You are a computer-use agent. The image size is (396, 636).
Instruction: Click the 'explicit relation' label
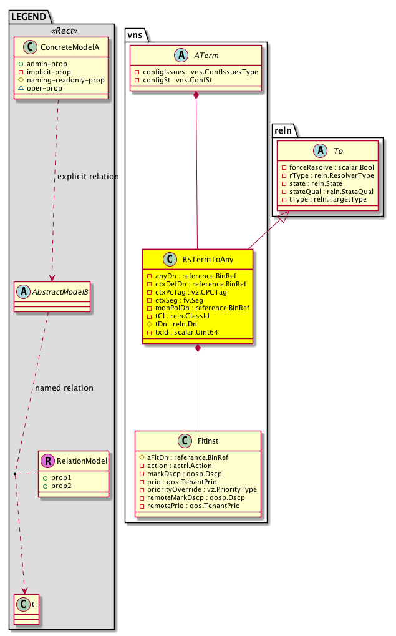tap(87, 177)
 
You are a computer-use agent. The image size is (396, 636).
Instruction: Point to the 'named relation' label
tap(64, 388)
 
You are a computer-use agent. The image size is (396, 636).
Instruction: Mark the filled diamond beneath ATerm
tap(196, 95)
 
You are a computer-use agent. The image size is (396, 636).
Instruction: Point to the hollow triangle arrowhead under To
tap(283, 216)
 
